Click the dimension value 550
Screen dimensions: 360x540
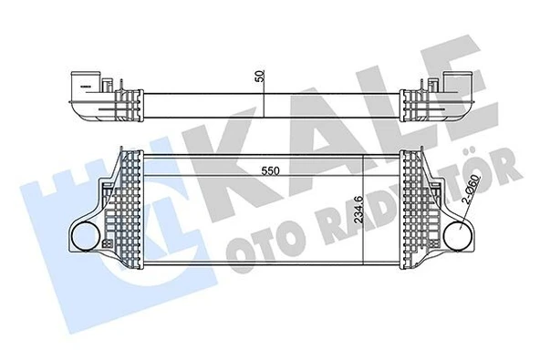pyautogui.click(x=265, y=170)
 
